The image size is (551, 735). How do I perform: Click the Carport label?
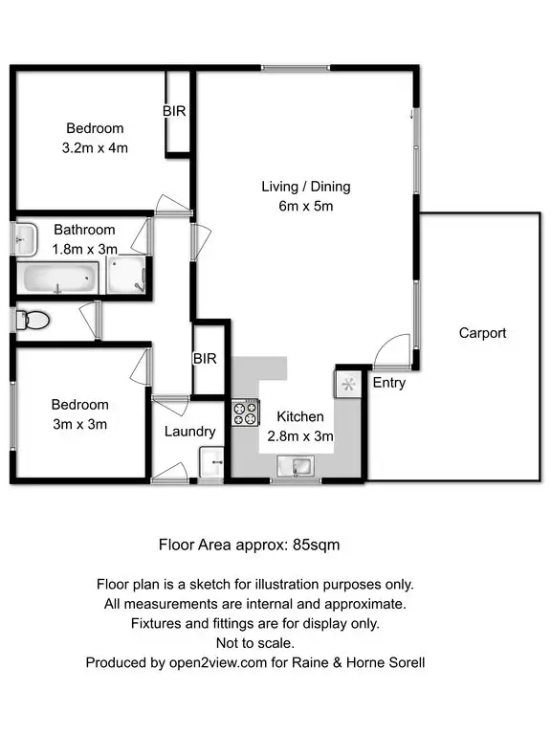coord(482,333)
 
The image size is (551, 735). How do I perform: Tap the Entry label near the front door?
coord(389,383)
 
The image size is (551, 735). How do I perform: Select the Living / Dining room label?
coord(306,187)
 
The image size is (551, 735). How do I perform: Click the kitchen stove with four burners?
coord(245,413)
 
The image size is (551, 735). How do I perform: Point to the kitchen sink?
coord(297,466)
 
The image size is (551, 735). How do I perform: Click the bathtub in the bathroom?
coord(58,279)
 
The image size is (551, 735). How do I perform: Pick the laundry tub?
coord(209,464)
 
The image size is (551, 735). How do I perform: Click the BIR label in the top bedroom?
coord(174,112)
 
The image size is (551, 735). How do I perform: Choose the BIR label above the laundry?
coord(205,359)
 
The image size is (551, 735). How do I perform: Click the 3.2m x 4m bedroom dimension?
coord(95,148)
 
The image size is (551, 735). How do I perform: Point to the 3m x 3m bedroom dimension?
coord(80,424)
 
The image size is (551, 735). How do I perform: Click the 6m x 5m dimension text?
coord(306,206)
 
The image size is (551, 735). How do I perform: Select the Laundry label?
coord(189,432)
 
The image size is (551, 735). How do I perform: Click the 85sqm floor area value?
coord(312,545)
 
